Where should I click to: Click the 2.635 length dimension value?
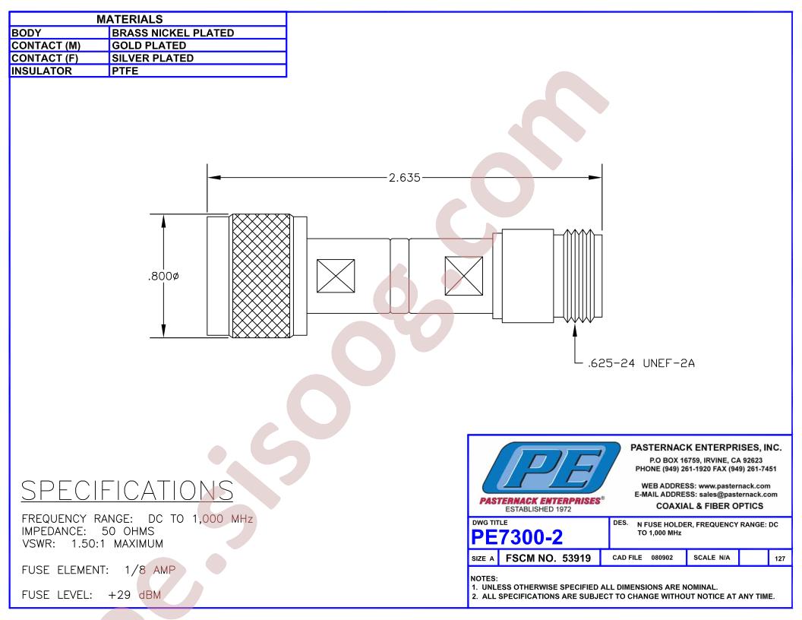coord(404,178)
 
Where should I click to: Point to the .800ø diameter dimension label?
coord(163,277)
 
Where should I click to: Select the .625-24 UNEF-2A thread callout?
coord(642,363)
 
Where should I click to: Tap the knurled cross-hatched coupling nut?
coord(261,277)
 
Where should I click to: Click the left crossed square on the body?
coord(336,277)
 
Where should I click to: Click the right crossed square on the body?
coord(463,277)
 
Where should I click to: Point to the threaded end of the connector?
coord(582,277)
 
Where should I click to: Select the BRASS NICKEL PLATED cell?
coord(173,33)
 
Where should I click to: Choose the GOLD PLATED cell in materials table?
coord(149,46)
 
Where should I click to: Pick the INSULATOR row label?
coord(42,71)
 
